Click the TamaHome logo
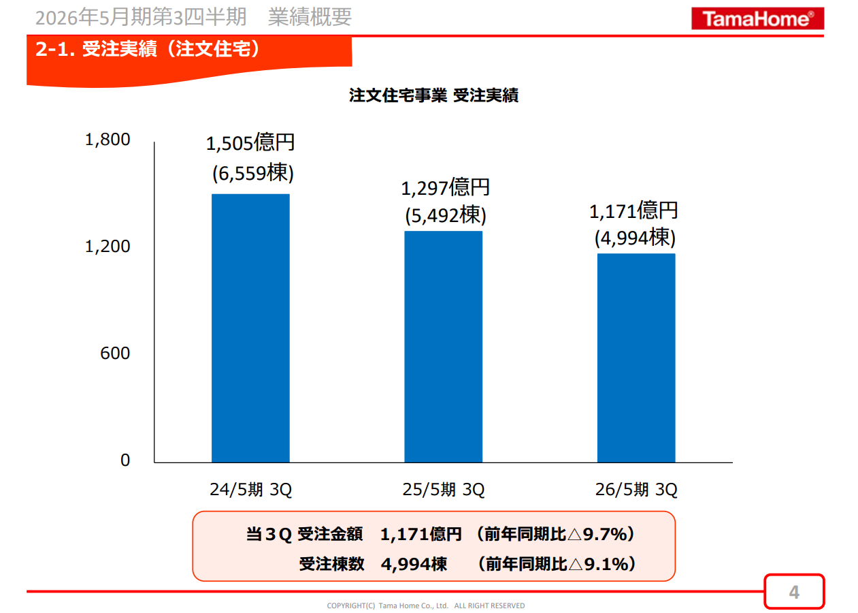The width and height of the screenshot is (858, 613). [757, 18]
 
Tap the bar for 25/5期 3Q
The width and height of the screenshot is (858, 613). [443, 347]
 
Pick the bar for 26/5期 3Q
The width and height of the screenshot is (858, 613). [636, 358]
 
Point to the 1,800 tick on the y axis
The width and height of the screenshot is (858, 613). [107, 140]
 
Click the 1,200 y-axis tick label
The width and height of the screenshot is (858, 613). [107, 247]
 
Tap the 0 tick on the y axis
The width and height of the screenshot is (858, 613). [125, 460]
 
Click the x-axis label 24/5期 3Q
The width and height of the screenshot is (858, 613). [250, 490]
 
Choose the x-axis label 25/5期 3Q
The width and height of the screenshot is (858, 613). [443, 490]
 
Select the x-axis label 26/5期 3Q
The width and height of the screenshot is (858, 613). [636, 490]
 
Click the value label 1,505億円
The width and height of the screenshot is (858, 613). [250, 143]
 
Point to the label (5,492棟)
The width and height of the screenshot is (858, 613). [445, 216]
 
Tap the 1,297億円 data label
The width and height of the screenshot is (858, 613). [445, 188]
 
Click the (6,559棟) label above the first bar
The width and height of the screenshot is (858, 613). [252, 173]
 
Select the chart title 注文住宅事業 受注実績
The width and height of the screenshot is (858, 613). [433, 95]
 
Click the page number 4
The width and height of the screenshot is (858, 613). [793, 592]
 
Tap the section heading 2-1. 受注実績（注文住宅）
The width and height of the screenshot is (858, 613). [148, 50]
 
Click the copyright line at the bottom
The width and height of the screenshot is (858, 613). [425, 606]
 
